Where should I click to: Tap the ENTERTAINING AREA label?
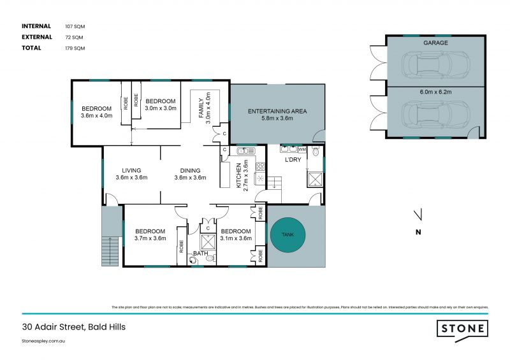click(277, 111)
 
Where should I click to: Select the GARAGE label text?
click(435, 43)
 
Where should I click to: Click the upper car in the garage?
click(436, 63)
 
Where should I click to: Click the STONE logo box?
click(463, 329)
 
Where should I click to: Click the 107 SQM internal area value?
click(75, 26)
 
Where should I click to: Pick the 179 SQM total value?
click(75, 48)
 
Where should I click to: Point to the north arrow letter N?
click(418, 232)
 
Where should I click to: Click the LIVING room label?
click(131, 170)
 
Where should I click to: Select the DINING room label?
click(190, 170)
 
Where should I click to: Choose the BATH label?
click(201, 254)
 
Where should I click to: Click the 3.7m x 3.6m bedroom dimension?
click(150, 238)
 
